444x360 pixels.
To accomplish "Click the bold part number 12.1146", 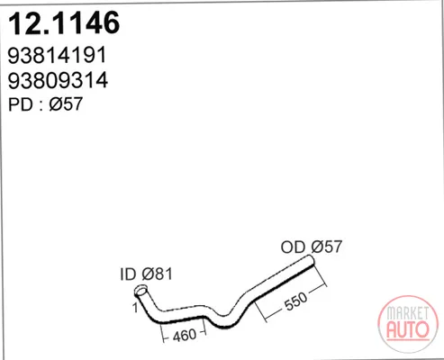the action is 64,23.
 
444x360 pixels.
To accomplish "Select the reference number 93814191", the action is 57,55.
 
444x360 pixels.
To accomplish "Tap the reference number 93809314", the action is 58,80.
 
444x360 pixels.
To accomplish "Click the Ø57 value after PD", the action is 66,104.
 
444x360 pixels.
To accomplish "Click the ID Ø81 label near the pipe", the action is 146,274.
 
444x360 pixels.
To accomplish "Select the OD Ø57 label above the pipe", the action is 312,247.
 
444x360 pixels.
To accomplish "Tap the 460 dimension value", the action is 185,335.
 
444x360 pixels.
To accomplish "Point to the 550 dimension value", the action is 295,301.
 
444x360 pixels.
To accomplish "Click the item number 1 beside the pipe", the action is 135,308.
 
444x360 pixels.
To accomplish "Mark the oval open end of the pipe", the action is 140,291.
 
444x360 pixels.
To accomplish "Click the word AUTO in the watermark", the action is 408,329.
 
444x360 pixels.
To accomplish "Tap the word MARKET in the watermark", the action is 408,313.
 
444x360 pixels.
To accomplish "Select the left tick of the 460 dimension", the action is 162,333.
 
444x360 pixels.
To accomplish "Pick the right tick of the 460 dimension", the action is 204,326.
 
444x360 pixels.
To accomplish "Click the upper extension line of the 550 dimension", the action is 320,276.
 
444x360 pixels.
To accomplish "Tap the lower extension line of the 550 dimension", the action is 261,312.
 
